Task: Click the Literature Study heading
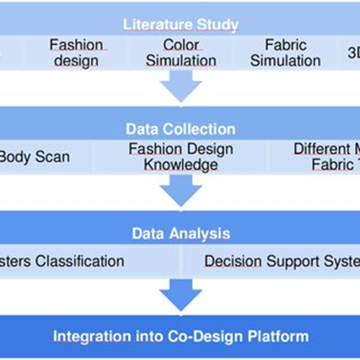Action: coord(181,24)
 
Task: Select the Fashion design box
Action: coord(76,53)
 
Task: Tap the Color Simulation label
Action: coord(181,53)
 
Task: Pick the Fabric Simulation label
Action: coord(286,53)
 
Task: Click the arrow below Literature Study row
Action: coord(181,86)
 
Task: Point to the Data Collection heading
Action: coord(181,130)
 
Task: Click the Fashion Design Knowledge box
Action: coord(181,157)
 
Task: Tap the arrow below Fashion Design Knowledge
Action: coord(181,191)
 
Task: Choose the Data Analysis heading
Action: coord(181,234)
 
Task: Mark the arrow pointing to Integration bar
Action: coord(181,295)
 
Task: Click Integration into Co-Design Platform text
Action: coord(181,336)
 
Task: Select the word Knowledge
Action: coord(181,166)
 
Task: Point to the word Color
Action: coord(181,45)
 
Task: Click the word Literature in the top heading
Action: coord(153,24)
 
